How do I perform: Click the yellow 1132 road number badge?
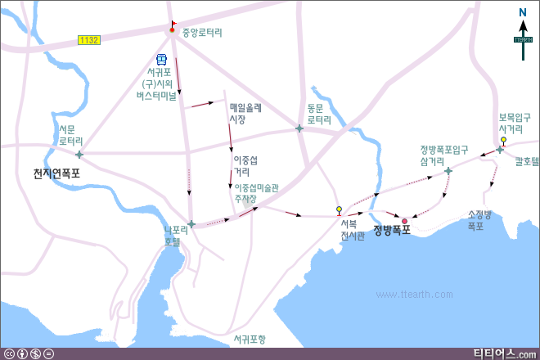89,39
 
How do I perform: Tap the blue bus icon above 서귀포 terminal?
162,60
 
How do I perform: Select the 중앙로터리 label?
202,34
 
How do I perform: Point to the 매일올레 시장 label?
245,113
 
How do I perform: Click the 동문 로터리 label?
319,113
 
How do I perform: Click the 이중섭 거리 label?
245,165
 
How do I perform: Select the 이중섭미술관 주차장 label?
251,192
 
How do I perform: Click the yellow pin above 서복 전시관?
340,210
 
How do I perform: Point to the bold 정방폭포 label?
391,230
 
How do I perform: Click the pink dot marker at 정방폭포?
404,221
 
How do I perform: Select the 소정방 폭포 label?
479,220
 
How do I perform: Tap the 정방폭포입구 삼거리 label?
443,155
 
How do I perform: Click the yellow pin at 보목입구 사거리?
504,140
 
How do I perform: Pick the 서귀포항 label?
249,339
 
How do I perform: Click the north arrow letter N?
523,12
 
